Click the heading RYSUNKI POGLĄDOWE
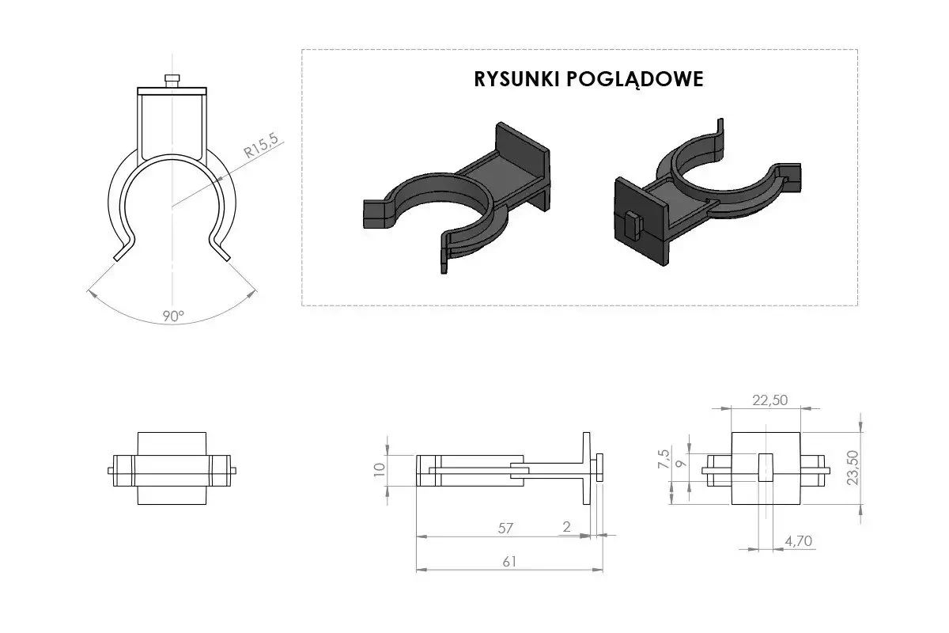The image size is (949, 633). tap(588, 80)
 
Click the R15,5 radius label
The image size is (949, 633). tap(262, 148)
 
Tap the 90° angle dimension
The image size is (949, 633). tap(173, 315)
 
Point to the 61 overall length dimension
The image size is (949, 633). tap(509, 561)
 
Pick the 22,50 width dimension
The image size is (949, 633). tap(769, 400)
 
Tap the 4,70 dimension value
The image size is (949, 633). tap(799, 541)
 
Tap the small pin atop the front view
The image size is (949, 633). tap(172, 80)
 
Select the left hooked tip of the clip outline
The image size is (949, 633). tap(121, 251)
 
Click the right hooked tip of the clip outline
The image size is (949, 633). tap(223, 251)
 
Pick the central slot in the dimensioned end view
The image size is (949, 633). tap(765, 468)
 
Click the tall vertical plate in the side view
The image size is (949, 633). tap(586, 468)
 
